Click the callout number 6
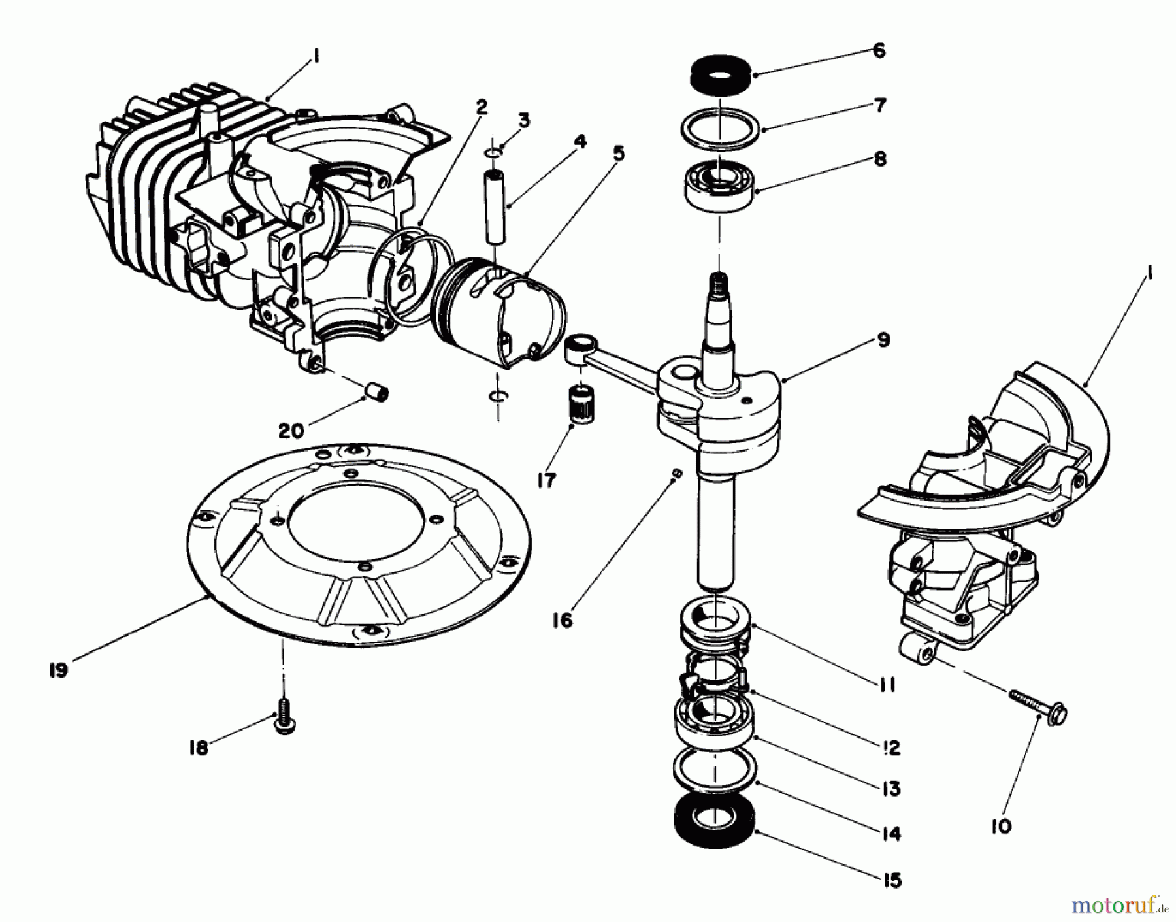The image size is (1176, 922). [879, 50]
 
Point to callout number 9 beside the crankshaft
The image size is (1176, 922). [883, 340]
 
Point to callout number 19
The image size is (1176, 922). [58, 670]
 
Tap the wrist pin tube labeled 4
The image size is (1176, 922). [493, 206]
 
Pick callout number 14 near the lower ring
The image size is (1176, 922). [890, 833]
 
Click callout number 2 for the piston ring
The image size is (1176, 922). [482, 107]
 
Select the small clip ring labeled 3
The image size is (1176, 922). [495, 152]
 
